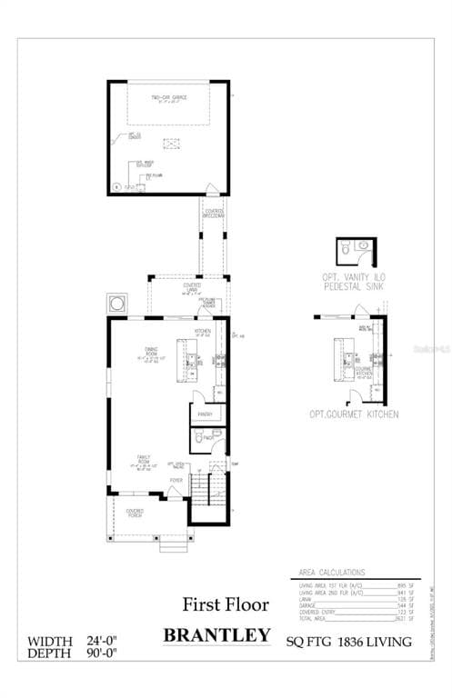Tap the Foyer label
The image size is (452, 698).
pos(176,480)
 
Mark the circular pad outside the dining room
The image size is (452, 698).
pos(117,303)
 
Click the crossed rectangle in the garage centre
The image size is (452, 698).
pos(169,143)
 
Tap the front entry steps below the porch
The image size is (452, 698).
pos(172,545)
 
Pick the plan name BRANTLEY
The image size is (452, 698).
pos(216,634)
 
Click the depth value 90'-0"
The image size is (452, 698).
pos(98,653)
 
